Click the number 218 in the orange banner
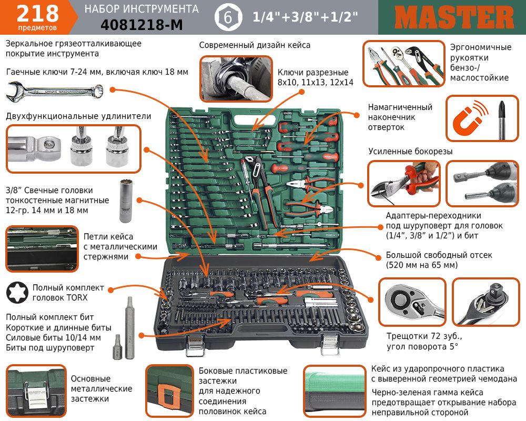pyautogui.click(x=37, y=14)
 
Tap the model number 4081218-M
pyautogui.click(x=141, y=25)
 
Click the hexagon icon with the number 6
pyautogui.click(x=228, y=17)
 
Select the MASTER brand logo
pyautogui.click(x=454, y=17)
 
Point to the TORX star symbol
pyautogui.click(x=17, y=293)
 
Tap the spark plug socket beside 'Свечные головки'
pyautogui.click(x=126, y=201)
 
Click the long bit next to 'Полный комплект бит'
pyautogui.click(x=130, y=328)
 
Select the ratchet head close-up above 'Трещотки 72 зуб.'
pyautogui.click(x=412, y=302)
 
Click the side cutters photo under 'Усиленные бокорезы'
pyautogui.click(x=403, y=183)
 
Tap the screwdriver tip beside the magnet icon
pyautogui.click(x=502, y=119)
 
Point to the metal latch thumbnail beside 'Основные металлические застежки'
pyautogui.click(x=36, y=390)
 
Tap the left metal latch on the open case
pyautogui.click(x=196, y=345)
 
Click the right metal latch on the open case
pyautogui.click(x=330, y=345)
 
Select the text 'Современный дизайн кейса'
pyautogui.click(x=255, y=45)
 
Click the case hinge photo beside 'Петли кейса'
pyautogui.click(x=42, y=249)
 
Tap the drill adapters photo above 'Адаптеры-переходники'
pyautogui.click(x=482, y=183)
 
